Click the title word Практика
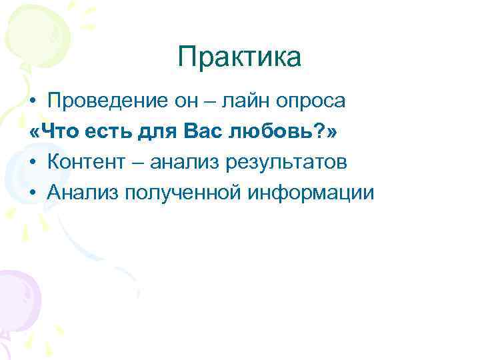click(239, 57)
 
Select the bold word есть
click(110, 132)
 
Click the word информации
click(311, 193)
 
